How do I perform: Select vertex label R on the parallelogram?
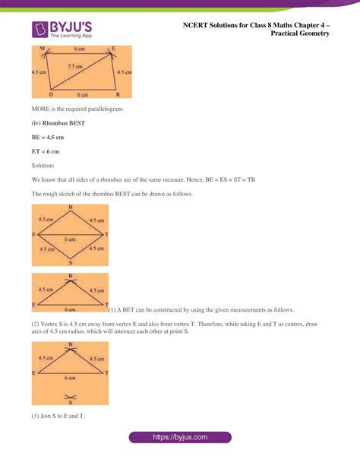tap(118, 95)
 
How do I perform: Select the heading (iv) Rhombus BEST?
tap(58, 124)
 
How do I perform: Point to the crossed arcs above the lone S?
tap(70, 395)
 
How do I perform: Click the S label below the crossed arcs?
tap(70, 404)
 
